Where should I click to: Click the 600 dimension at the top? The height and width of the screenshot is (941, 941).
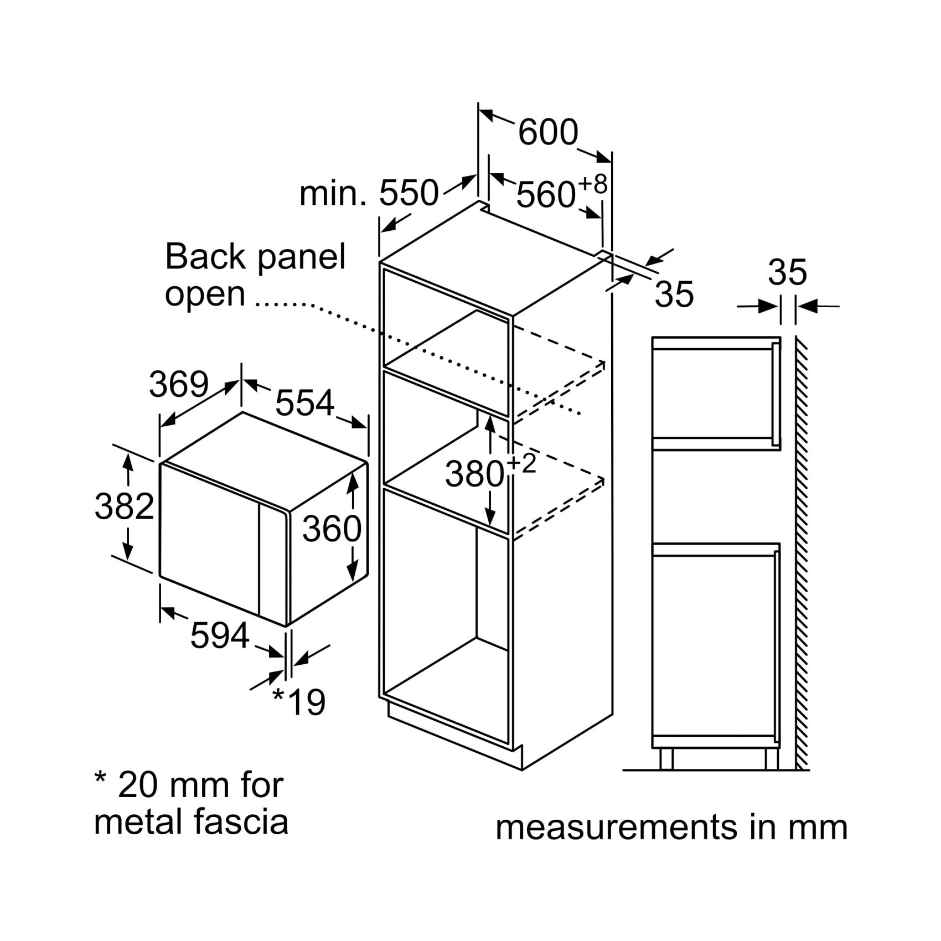[x=548, y=132]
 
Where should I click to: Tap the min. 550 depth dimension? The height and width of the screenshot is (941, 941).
[x=369, y=193]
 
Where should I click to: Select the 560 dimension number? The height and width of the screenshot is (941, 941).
[x=546, y=195]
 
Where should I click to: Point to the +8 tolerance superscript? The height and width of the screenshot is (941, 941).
[x=592, y=184]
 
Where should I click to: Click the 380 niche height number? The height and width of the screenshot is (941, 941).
[x=474, y=474]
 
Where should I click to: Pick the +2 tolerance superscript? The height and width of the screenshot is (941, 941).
[x=521, y=464]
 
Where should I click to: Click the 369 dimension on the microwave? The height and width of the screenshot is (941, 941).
[x=179, y=384]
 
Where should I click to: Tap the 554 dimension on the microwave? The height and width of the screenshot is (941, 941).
[x=305, y=402]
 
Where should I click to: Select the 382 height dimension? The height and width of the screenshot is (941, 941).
[x=124, y=506]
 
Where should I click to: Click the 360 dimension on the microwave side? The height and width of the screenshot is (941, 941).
[x=332, y=529]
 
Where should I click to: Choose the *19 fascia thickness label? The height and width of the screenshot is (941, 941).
[x=299, y=701]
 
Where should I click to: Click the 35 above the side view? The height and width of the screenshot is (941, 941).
[x=787, y=272]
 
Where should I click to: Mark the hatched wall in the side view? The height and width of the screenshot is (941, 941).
[x=802, y=554]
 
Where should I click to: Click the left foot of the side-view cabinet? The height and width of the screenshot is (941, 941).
[x=666, y=758]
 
